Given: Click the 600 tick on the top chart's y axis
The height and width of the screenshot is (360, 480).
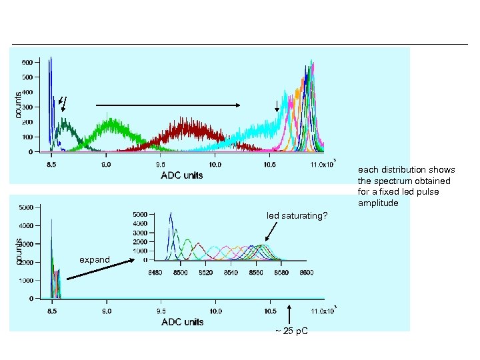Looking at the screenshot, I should pyautogui.click(x=28, y=62).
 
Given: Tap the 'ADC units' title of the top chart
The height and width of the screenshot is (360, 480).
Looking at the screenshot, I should pyautogui.click(x=182, y=175).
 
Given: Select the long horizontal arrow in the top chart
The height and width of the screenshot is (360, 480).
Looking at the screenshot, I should pyautogui.click(x=169, y=105).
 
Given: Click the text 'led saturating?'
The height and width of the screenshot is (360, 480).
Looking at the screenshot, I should pyautogui.click(x=297, y=215).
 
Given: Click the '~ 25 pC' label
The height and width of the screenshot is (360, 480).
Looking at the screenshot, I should pyautogui.click(x=291, y=332).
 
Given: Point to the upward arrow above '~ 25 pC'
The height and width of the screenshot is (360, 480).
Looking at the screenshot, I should pyautogui.click(x=290, y=314).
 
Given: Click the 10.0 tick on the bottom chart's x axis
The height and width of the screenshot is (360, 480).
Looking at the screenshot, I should pyautogui.click(x=215, y=311).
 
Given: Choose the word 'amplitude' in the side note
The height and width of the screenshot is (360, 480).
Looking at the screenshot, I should pyautogui.click(x=378, y=203).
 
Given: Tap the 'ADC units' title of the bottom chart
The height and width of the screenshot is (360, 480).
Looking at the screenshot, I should pyautogui.click(x=182, y=322).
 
